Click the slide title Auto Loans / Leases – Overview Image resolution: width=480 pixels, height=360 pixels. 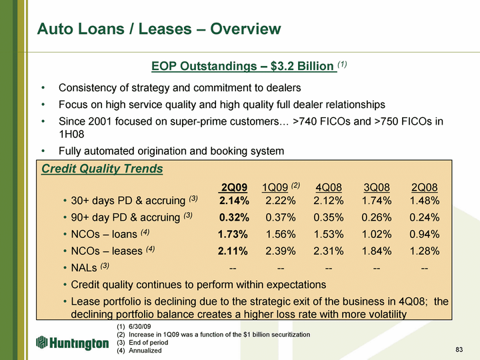[159, 29]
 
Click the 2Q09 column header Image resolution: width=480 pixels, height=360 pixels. [234, 187]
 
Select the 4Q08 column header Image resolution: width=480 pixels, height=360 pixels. [329, 187]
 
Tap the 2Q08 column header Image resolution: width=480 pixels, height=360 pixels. [424, 187]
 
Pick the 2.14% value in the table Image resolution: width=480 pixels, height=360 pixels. [234, 201]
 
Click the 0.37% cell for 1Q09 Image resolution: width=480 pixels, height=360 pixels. [281, 217]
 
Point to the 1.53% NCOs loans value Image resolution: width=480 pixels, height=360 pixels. [329, 234]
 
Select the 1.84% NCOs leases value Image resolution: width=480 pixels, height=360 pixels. [377, 251]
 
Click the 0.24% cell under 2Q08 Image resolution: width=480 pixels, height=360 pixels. [424, 217]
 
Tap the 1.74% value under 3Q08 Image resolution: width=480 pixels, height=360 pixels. [377, 201]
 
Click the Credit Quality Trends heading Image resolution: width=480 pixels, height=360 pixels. [102, 169]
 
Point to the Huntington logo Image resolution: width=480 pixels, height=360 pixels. [73, 343]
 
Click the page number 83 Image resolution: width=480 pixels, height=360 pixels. [459, 349]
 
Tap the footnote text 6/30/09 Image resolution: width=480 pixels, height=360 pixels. [139, 327]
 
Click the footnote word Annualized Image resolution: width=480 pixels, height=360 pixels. [145, 351]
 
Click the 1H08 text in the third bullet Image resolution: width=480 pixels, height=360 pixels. [71, 134]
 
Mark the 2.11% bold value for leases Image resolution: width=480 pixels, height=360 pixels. [233, 251]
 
